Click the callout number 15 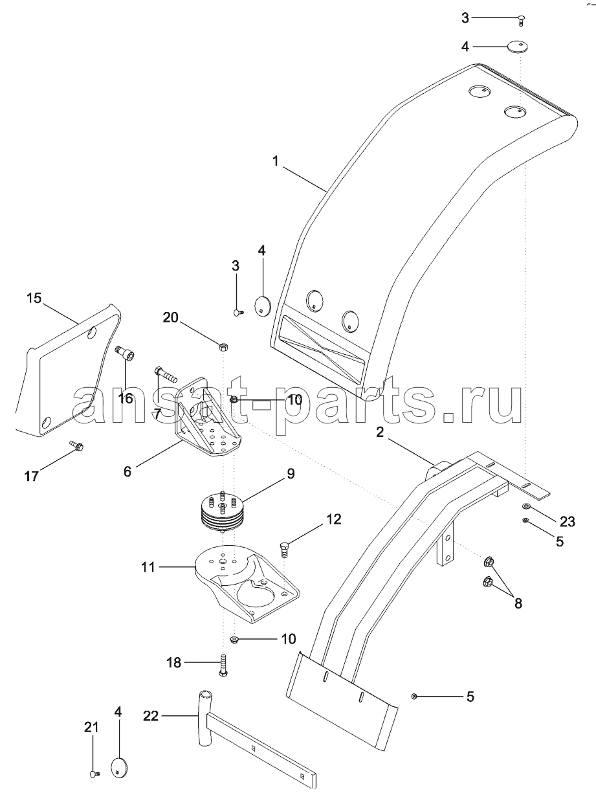click(34, 298)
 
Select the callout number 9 click(291, 473)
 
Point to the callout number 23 click(568, 522)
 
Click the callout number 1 click(276, 161)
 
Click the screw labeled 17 click(77, 445)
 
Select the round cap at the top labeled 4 click(518, 47)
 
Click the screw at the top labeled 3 click(521, 20)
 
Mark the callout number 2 click(380, 432)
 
